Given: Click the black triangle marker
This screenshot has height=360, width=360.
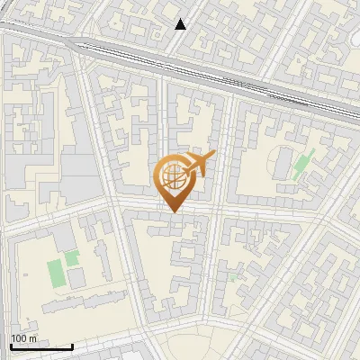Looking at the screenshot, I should pos(181,24).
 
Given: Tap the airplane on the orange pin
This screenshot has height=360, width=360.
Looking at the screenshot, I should pos(199,164).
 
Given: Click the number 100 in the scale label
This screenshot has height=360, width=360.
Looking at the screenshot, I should pos(18,338).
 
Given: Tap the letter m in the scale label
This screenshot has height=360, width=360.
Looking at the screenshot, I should pos(33,338).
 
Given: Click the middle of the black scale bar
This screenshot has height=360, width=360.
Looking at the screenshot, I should pos(41,346).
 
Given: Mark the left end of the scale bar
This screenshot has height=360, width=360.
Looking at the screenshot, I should pos(11,346).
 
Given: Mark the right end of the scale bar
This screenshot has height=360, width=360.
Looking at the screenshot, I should pos(72,346).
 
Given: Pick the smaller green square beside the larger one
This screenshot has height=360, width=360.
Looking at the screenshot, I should pos(72,259).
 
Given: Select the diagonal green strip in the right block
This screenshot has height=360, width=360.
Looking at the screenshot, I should pos(301,163).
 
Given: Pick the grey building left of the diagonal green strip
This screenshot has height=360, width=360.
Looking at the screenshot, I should pos(284,162).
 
